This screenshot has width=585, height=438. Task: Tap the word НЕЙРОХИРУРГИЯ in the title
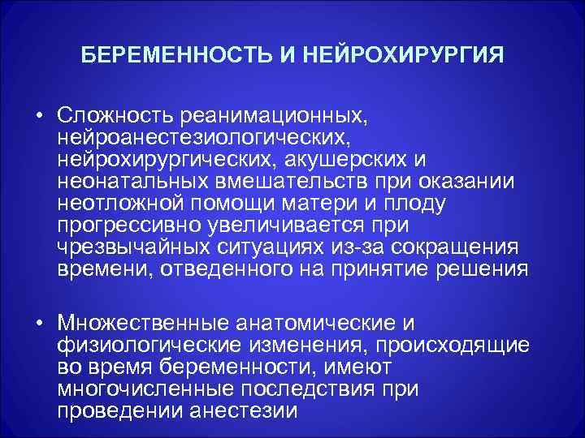403,58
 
